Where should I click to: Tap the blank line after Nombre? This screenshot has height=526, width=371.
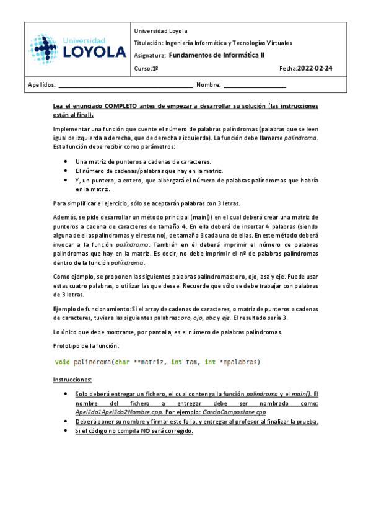point(255,85)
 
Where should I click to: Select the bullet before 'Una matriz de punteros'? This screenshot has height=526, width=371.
point(66,161)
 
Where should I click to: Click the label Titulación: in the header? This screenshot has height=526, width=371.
point(147,43)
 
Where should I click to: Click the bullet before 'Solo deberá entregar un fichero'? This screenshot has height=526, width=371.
point(66,393)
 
